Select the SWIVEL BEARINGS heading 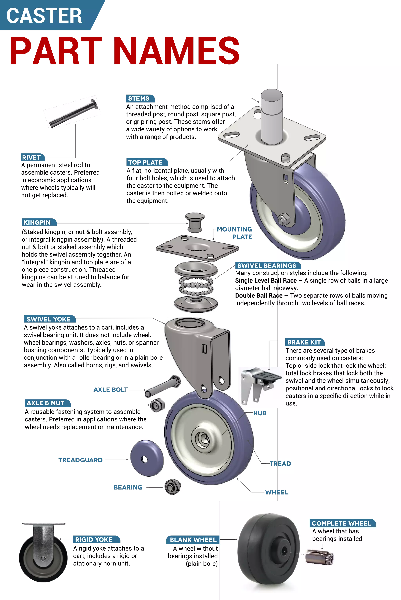[267, 265]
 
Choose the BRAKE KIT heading [304, 342]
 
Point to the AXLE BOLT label [110, 390]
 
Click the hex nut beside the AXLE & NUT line [155, 405]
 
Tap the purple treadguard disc [147, 458]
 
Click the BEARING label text [128, 487]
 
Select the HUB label [260, 413]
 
